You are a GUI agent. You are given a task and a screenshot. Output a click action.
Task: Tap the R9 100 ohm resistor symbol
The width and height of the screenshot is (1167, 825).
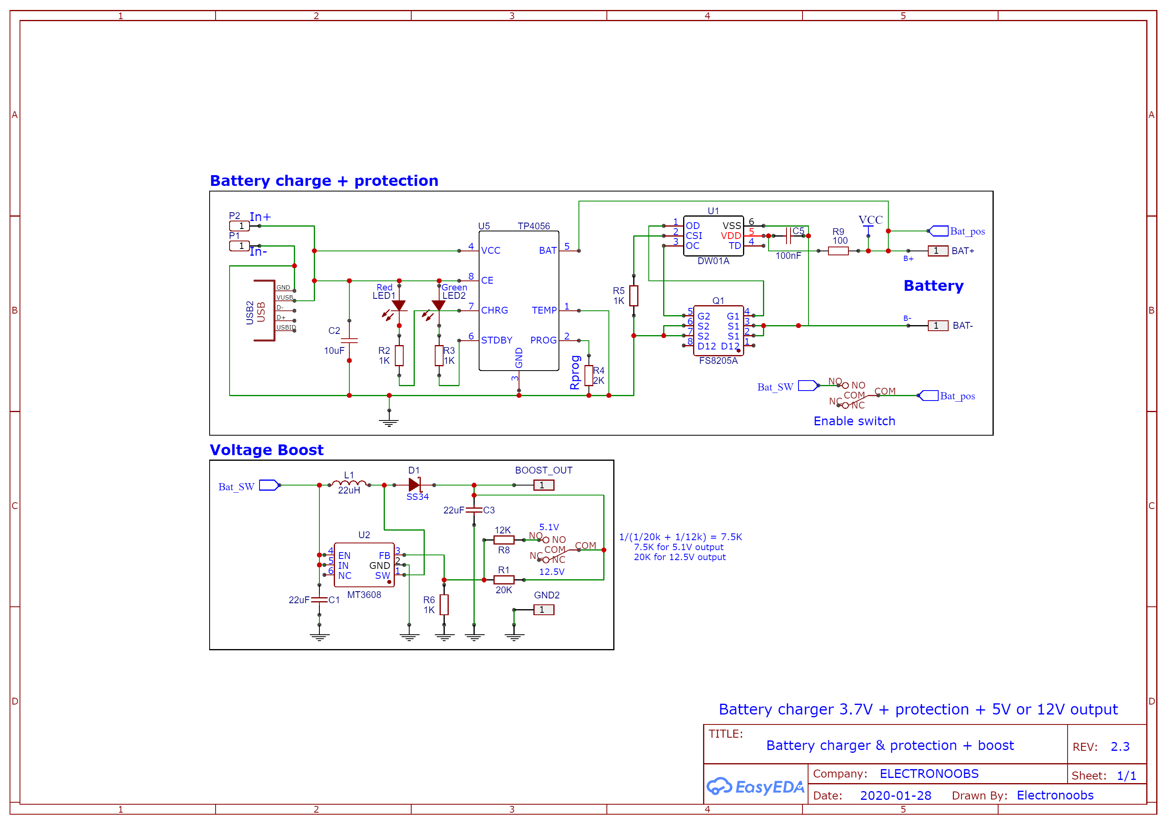[x=838, y=251]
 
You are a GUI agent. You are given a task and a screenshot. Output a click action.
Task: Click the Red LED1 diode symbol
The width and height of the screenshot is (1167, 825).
[x=399, y=305]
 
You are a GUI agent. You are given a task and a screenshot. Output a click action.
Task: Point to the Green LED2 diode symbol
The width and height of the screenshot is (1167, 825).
[x=439, y=305]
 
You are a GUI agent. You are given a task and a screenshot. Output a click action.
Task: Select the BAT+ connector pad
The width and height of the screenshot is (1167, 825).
[x=937, y=251]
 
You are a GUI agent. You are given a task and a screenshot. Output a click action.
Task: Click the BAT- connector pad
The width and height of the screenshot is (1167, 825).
[x=937, y=326]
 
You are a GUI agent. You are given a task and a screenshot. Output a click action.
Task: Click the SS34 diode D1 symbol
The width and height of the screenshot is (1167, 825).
[x=415, y=485]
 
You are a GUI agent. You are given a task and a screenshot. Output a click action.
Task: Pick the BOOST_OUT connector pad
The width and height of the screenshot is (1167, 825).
[x=543, y=485]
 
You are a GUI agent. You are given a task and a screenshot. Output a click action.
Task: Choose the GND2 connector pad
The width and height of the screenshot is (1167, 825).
[x=543, y=610]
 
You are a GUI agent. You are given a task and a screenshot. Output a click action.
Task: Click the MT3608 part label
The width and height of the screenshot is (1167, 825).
[x=364, y=595]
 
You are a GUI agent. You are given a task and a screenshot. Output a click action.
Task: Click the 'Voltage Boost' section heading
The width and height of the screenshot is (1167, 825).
[x=266, y=450]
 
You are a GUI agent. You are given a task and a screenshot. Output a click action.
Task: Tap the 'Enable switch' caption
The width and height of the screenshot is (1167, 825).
[x=854, y=421]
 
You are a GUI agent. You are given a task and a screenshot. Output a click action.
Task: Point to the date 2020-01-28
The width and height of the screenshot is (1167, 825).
[x=895, y=795]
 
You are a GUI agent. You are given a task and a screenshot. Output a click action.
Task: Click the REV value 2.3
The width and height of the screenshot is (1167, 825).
[x=1120, y=747]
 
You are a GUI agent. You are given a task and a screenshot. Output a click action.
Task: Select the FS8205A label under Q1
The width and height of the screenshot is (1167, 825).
[x=718, y=361]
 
